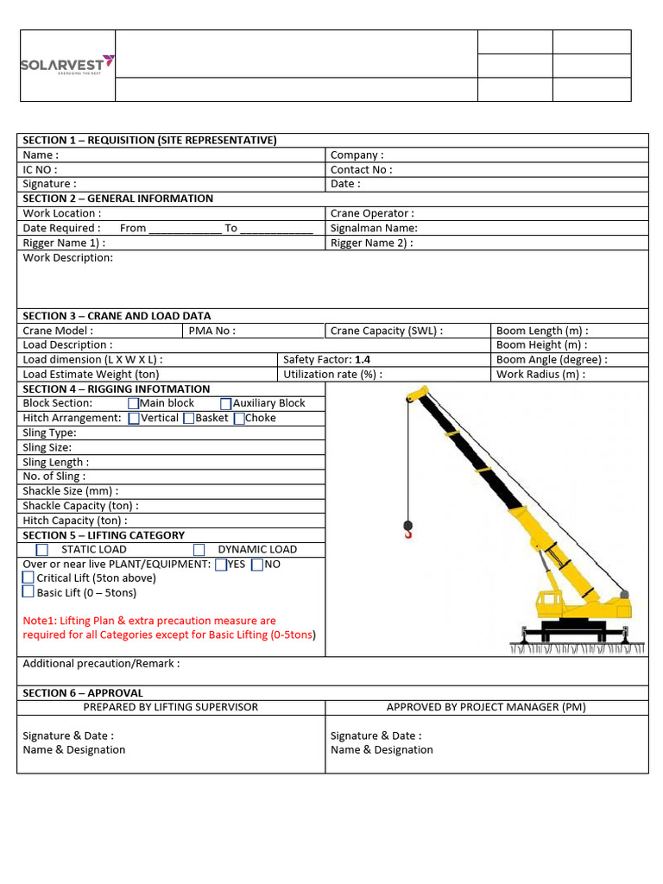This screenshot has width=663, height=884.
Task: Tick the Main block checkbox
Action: [x=133, y=403]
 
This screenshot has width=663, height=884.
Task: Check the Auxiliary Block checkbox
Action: [x=225, y=403]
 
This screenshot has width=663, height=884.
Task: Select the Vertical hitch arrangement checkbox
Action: [x=133, y=418]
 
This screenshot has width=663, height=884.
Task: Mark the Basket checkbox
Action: [x=188, y=418]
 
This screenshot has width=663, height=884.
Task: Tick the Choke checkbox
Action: [x=239, y=418]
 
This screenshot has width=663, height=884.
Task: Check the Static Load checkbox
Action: [x=42, y=549]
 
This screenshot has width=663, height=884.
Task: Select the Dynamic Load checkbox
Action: [x=199, y=549]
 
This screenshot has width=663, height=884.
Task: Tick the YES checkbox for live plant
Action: [x=221, y=564]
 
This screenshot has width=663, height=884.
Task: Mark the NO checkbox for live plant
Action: [x=257, y=564]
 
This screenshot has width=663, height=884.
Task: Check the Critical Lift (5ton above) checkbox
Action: [x=28, y=578]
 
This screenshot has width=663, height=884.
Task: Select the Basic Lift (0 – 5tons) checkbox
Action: [x=28, y=592]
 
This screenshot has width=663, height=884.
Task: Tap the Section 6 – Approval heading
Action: [x=83, y=692]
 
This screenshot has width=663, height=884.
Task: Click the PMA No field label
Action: [x=212, y=331]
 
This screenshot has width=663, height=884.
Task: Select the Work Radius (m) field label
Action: [x=540, y=374]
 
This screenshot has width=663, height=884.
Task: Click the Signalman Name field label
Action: [x=374, y=228]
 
